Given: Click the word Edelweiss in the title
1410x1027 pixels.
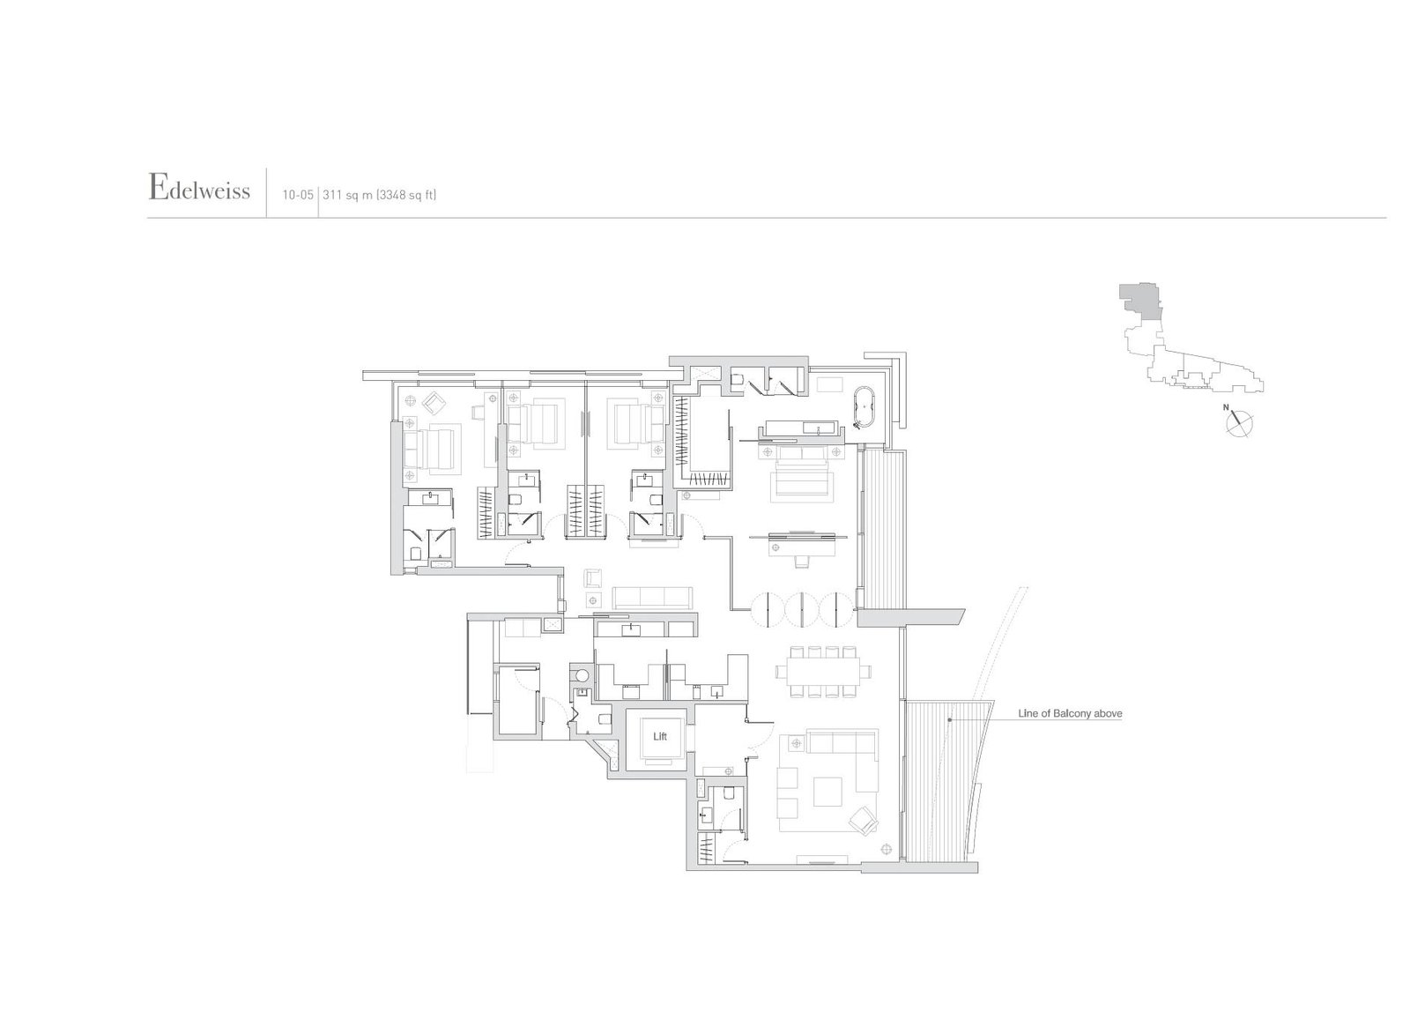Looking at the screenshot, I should tap(200, 190).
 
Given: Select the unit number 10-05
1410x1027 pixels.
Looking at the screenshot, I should tap(299, 196).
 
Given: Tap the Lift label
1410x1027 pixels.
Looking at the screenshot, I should tap(660, 736).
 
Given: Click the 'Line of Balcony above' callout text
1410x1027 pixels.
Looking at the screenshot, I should tap(1070, 713).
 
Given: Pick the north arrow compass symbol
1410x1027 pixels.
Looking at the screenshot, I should tap(1238, 423).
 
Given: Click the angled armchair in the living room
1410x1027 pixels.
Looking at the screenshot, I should tap(863, 822).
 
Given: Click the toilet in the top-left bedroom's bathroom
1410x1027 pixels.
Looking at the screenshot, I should tap(415, 553).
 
